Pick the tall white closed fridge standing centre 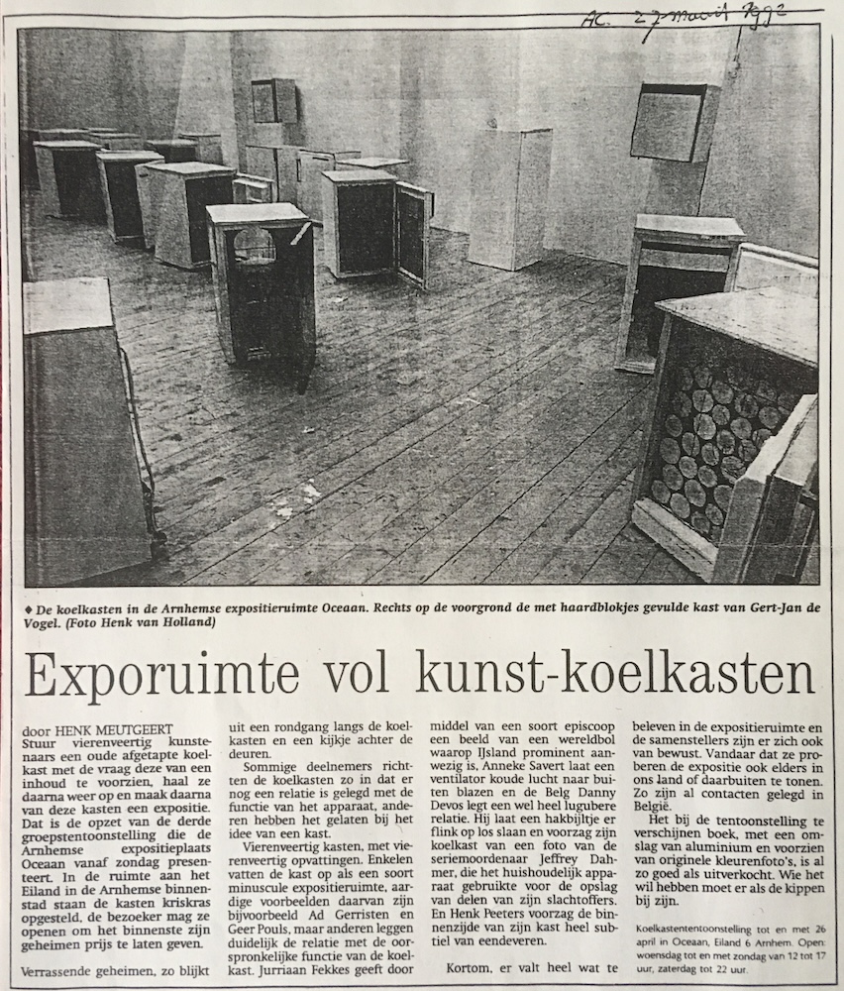509,198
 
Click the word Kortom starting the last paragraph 469,966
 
